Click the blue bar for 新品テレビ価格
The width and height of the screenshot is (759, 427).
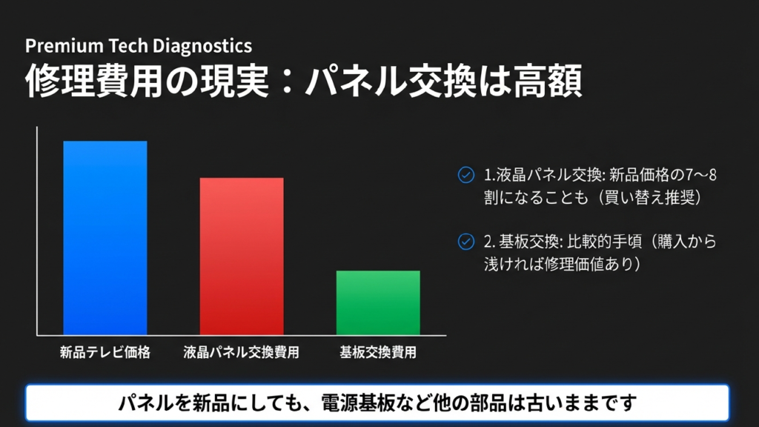pyautogui.click(x=105, y=237)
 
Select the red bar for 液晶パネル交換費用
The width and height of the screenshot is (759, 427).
pyautogui.click(x=242, y=256)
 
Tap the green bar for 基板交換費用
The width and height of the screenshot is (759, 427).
pyautogui.click(x=378, y=302)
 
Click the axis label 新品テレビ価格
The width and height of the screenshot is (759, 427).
pyautogui.click(x=105, y=353)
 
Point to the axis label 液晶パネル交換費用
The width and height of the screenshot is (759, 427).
pyautogui.click(x=242, y=353)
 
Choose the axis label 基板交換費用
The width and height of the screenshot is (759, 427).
pyautogui.click(x=378, y=353)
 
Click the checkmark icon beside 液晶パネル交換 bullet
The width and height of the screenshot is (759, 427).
pyautogui.click(x=466, y=175)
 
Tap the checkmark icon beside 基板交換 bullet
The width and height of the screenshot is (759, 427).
pyautogui.click(x=466, y=241)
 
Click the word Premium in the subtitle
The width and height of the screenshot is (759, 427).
pyautogui.click(x=62, y=46)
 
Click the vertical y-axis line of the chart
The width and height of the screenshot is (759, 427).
pyautogui.click(x=36, y=230)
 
